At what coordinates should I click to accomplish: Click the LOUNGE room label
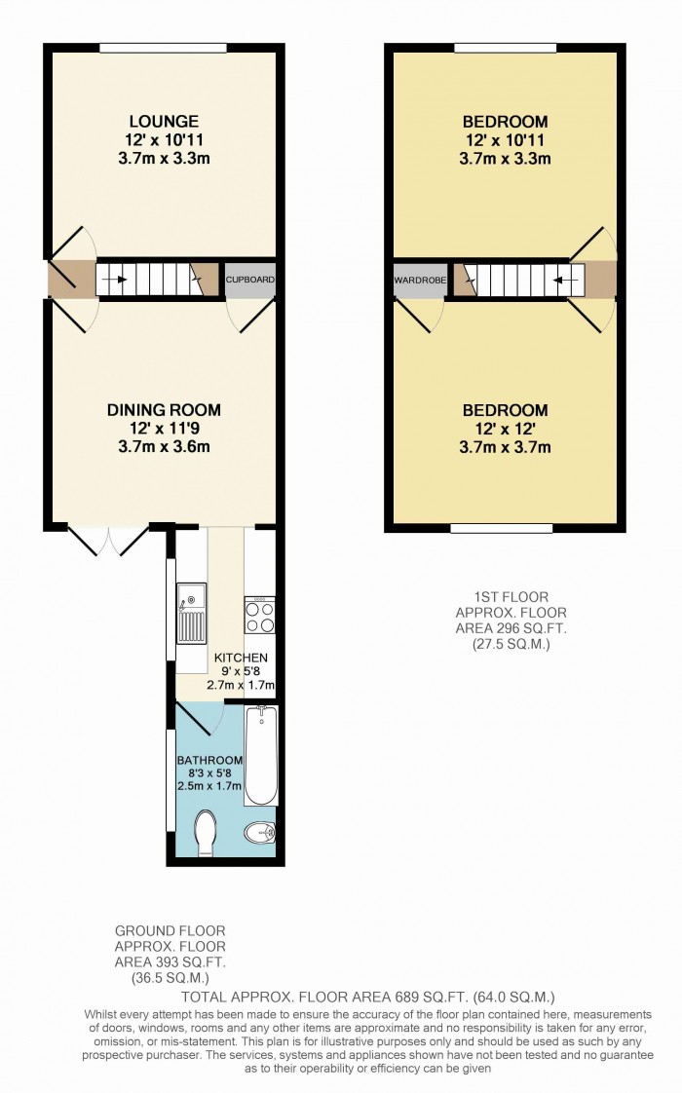coord(164,122)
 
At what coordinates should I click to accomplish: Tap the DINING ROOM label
coord(164,410)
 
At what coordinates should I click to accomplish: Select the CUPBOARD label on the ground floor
coord(250,280)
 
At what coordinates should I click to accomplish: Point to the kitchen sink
coord(191,613)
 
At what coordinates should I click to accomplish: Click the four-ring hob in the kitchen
coord(260,617)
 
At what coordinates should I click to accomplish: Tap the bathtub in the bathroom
coord(261,756)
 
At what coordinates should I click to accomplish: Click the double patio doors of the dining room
coord(108,541)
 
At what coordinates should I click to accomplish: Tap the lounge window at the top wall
coord(164,47)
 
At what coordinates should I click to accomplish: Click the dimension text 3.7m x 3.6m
coord(164,447)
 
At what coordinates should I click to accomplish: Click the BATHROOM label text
coord(209,760)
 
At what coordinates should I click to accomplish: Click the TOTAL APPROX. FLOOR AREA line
coord(368,997)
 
